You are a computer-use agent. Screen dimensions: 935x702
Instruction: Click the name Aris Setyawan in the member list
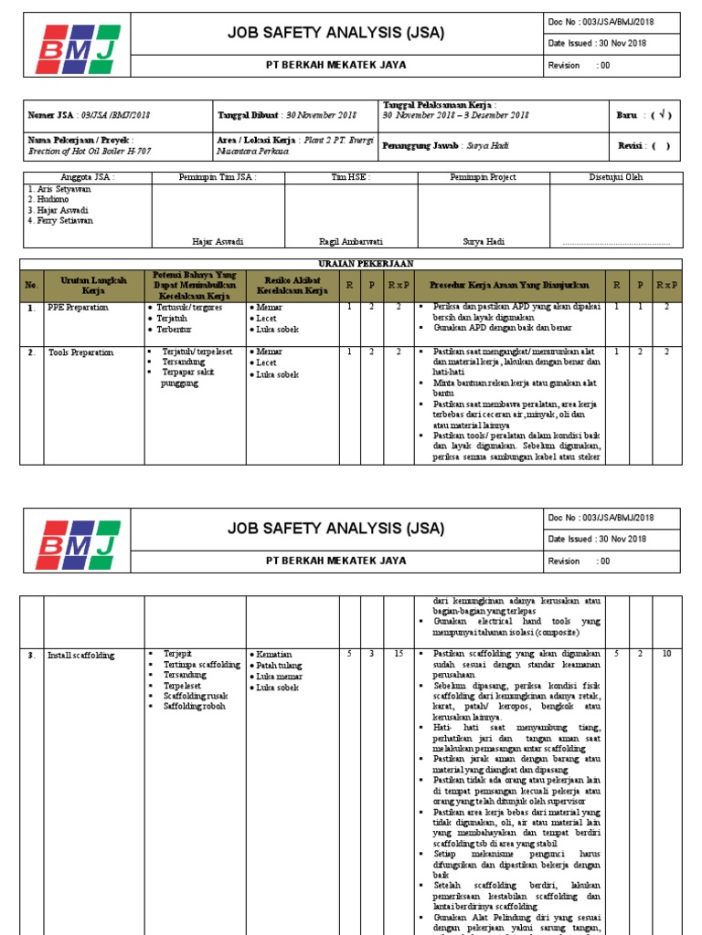[54, 189]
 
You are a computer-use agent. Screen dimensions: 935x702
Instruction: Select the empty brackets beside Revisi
[661, 145]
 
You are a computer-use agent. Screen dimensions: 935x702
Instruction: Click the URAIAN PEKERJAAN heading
[351, 263]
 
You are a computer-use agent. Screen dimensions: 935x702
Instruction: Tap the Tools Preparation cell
[80, 352]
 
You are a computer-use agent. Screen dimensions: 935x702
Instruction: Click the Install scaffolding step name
[81, 655]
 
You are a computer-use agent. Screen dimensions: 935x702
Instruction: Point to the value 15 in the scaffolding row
[399, 655]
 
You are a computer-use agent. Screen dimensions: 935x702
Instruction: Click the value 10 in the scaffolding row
[666, 655]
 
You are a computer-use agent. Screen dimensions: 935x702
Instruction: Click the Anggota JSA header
[87, 177]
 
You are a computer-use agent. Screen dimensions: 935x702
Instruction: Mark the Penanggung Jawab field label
[420, 145]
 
